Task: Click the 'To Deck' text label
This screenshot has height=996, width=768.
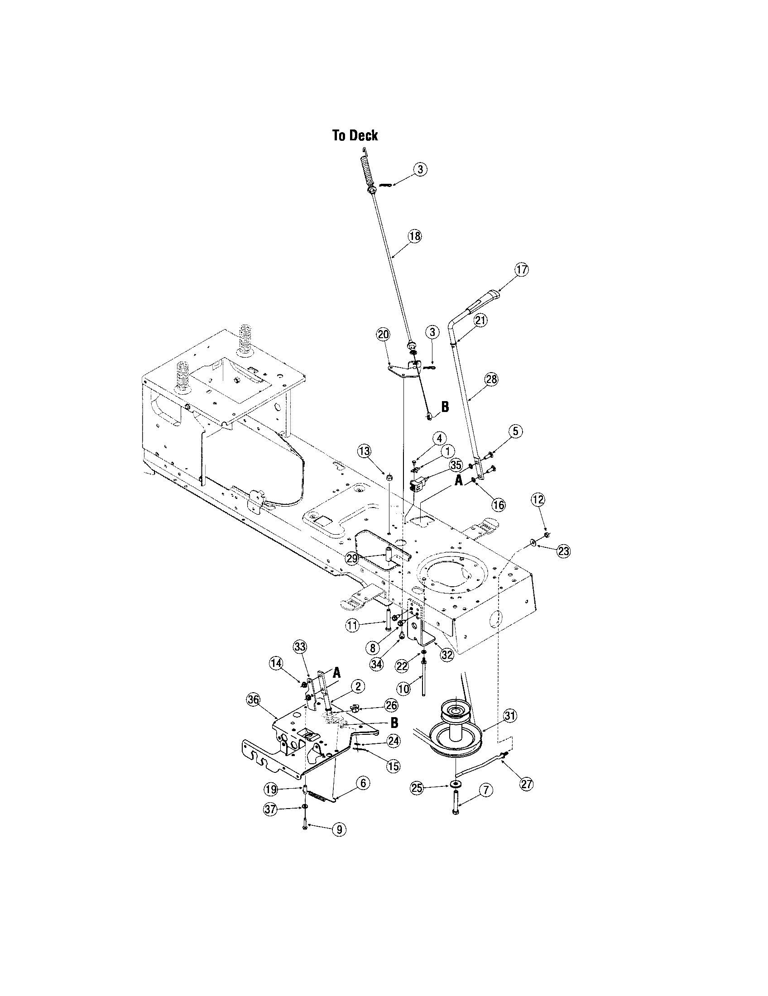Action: click(x=355, y=135)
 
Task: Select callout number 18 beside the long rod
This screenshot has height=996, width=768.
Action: click(x=415, y=236)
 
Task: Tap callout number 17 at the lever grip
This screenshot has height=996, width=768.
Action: click(x=522, y=269)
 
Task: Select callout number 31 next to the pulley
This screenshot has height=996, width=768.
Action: click(x=510, y=717)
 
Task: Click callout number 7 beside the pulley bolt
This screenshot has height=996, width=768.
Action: click(x=486, y=790)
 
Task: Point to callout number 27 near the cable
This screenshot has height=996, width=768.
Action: click(x=526, y=784)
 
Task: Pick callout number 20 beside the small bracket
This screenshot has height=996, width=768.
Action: click(x=383, y=334)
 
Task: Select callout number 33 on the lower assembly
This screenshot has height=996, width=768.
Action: click(x=300, y=646)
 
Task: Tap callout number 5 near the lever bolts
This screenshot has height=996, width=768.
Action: click(x=515, y=431)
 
